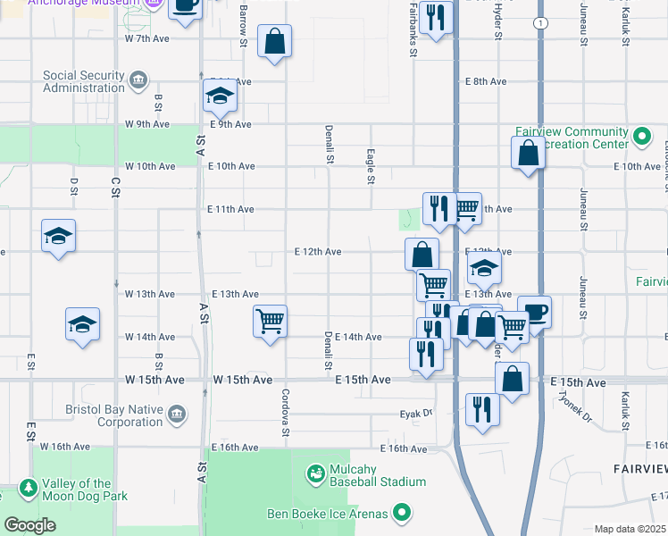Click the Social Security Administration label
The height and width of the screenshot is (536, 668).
pos(83,81)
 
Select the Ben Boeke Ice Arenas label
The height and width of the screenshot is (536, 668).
pos(328,514)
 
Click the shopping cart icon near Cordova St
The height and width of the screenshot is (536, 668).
pos(270,321)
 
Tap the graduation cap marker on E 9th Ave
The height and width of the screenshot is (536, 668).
pos(219,95)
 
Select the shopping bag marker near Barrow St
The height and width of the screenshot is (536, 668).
pos(274,41)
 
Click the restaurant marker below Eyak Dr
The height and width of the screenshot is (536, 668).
pos(482,409)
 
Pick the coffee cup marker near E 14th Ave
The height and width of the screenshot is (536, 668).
pos(535,313)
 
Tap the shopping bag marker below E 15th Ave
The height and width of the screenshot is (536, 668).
pos(512,378)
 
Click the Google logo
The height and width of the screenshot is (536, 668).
pos(29,525)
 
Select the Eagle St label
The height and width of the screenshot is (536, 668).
pos(369,166)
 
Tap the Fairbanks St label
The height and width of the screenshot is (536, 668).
pos(413,29)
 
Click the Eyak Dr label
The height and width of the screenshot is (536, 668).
pos(415,414)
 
